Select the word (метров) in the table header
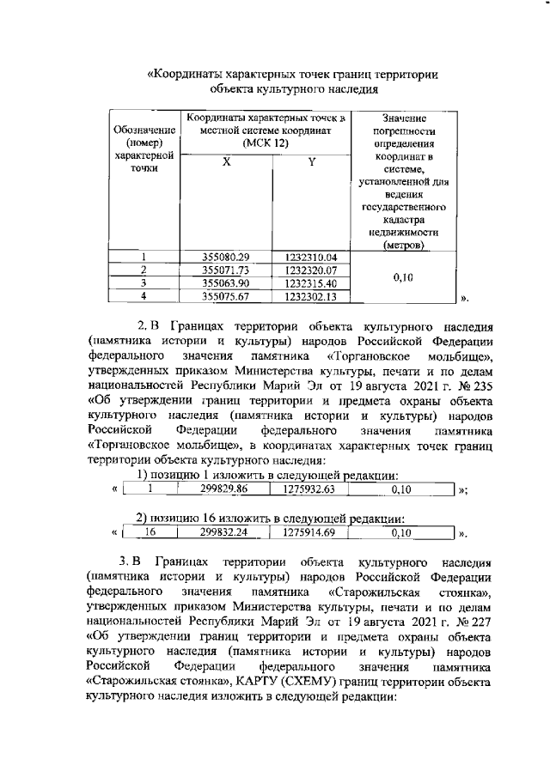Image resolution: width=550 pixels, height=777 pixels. (x=396, y=245)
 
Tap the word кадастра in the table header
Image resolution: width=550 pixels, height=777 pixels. (x=396, y=220)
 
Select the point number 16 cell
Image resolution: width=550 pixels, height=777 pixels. (x=150, y=532)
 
